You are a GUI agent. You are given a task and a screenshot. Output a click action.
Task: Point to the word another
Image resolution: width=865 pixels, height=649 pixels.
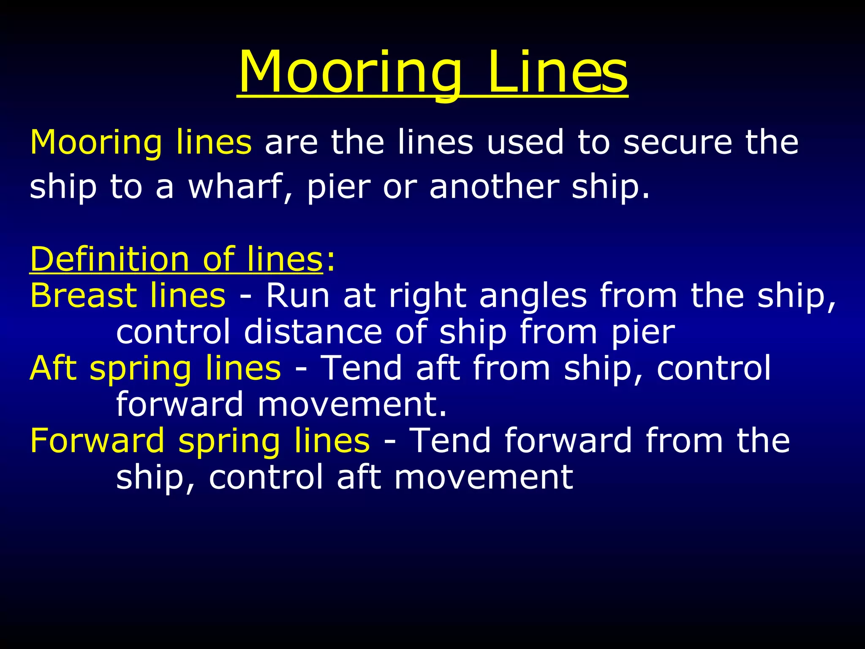click(494, 187)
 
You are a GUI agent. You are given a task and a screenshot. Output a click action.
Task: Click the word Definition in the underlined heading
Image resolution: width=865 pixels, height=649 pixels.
click(109, 259)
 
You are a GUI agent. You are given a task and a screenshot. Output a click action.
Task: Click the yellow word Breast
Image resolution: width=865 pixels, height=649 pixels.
click(84, 295)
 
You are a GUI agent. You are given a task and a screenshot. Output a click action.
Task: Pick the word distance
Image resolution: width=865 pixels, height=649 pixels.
click(313, 332)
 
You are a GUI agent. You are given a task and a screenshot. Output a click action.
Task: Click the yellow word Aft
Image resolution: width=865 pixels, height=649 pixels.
click(53, 368)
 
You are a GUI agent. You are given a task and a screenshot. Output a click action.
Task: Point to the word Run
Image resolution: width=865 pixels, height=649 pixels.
click(297, 296)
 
